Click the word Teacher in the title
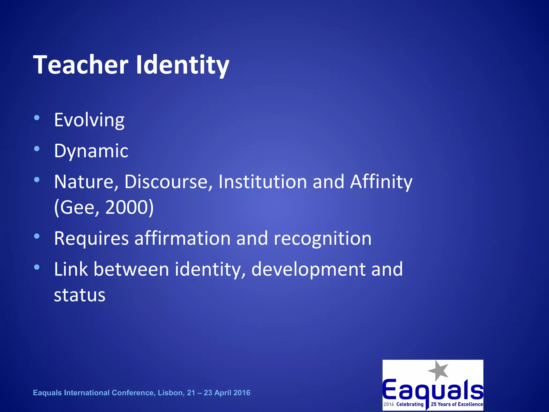[81, 65]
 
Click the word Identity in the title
[183, 65]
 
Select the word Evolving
[89, 120]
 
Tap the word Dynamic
[91, 151]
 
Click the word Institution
[262, 182]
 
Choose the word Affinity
[381, 182]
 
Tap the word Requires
[91, 238]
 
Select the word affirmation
[182, 238]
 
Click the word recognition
[322, 238]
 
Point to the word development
[308, 269]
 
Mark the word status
[80, 295]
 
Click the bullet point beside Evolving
[37, 118]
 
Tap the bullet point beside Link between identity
[37, 267]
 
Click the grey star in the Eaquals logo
[438, 370]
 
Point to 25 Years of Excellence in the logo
[457, 404]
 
